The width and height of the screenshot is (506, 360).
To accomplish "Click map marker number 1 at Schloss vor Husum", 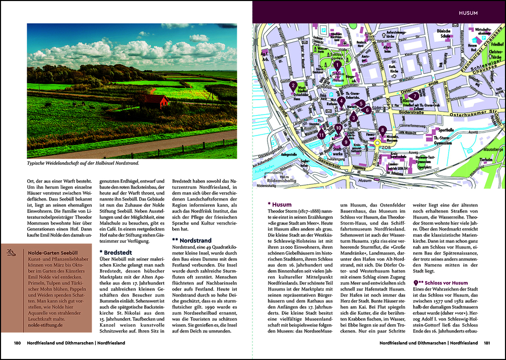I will (337, 64).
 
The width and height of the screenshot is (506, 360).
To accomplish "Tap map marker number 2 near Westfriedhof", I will (294, 85).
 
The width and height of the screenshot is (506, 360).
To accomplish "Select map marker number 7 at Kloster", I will (415, 96).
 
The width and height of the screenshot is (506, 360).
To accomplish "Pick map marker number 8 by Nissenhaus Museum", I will (382, 130).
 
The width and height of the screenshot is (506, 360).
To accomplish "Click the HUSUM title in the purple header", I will (468, 12).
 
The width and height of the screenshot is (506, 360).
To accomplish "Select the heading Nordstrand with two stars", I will (191, 240).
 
